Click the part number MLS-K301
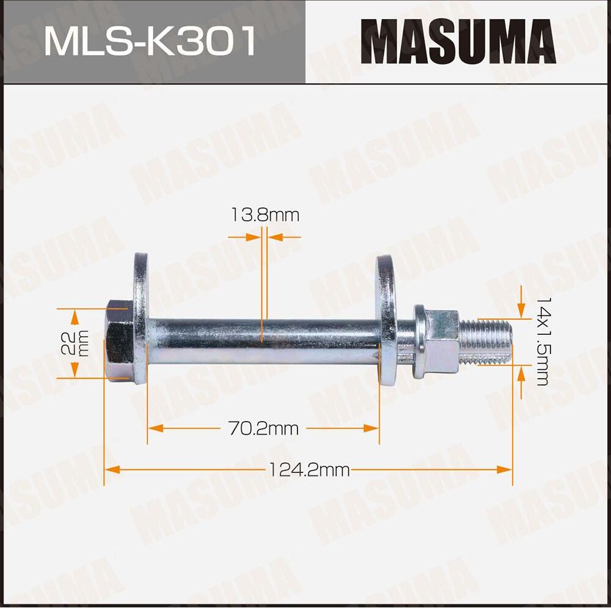click(x=150, y=41)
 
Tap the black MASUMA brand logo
click(x=458, y=42)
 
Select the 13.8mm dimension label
click(x=265, y=214)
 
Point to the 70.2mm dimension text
click(x=263, y=429)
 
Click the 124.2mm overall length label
click(x=309, y=470)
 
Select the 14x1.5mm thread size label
click(x=543, y=342)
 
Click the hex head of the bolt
click(x=120, y=340)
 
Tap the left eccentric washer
click(x=141, y=318)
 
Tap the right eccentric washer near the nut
click(x=387, y=320)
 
